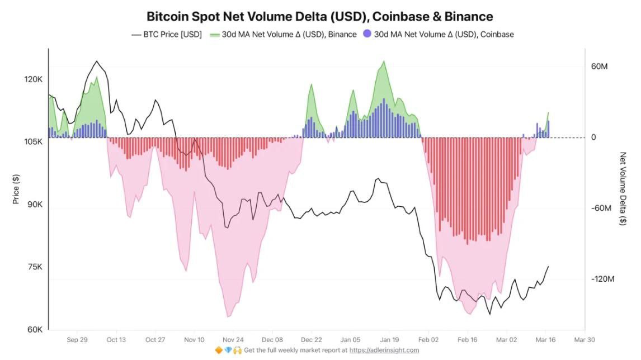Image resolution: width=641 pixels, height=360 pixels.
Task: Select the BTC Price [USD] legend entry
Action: click(166, 35)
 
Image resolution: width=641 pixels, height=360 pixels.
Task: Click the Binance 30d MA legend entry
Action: click(284, 35)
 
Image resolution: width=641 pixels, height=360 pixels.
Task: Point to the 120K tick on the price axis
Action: click(33, 79)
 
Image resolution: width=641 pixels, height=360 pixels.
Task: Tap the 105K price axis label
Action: click(33, 142)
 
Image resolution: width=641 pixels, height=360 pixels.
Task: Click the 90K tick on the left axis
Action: click(35, 205)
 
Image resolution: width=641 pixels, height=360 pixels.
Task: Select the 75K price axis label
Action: click(35, 267)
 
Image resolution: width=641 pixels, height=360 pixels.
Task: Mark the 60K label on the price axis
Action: click(35, 330)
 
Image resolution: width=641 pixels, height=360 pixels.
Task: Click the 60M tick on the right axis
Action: click(599, 67)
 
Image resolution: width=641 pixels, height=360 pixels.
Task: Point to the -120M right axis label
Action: click(602, 279)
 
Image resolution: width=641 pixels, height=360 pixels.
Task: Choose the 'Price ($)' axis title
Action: click(16, 188)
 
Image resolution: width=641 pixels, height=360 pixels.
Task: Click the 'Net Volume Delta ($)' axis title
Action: click(623, 188)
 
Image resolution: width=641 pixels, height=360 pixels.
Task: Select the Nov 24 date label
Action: click(233, 339)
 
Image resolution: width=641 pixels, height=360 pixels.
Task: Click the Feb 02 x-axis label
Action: click(428, 339)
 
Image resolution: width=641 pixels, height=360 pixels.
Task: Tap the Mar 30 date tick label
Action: click(584, 339)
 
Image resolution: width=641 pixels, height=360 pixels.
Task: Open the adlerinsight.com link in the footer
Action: click(384, 350)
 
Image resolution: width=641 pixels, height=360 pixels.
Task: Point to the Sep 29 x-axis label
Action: click(77, 339)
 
